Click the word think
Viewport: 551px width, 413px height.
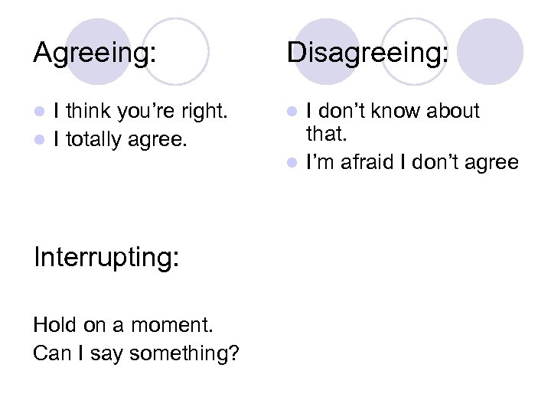click(90, 112)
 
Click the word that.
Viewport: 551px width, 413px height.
click(325, 135)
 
